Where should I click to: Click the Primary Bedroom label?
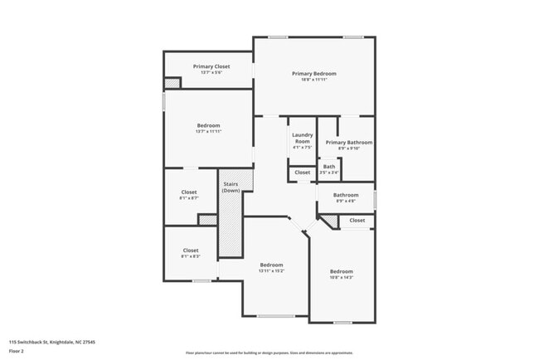click(x=313, y=74)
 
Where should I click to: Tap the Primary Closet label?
click(x=211, y=66)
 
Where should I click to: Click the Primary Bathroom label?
click(x=348, y=143)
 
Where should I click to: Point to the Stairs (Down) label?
click(x=231, y=187)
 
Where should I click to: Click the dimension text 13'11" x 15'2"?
click(x=271, y=270)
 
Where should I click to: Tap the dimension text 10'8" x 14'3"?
click(x=341, y=277)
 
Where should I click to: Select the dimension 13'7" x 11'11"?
click(x=208, y=131)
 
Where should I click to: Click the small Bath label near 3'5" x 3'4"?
click(x=329, y=167)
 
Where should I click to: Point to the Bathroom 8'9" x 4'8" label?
click(x=346, y=195)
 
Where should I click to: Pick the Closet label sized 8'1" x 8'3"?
click(x=191, y=251)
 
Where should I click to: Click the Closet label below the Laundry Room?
click(x=302, y=173)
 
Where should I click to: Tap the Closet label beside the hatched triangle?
click(x=357, y=221)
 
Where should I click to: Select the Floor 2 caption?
click(x=17, y=351)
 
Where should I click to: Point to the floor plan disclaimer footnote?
click(x=269, y=353)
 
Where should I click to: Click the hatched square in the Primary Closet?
click(x=172, y=83)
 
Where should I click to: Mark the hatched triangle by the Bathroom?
click(x=328, y=221)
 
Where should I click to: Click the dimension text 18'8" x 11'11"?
click(x=313, y=80)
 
